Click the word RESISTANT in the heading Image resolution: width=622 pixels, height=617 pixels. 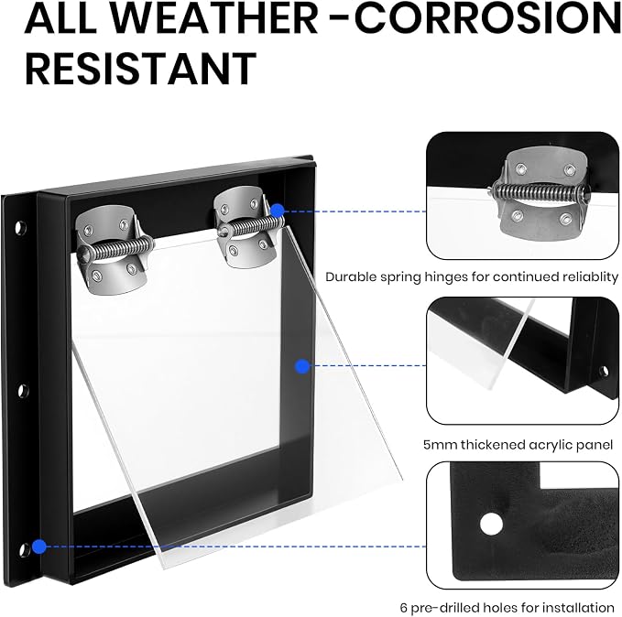click(x=140, y=69)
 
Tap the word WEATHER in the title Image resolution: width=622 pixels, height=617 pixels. click(x=212, y=17)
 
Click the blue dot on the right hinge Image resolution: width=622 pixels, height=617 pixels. click(x=278, y=211)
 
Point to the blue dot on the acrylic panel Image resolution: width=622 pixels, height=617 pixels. click(x=302, y=366)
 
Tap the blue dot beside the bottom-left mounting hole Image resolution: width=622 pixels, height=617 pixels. click(x=39, y=547)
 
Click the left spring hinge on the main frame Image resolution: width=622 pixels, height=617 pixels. click(x=114, y=250)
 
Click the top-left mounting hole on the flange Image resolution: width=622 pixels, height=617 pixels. click(x=20, y=228)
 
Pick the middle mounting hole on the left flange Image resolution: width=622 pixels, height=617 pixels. click(x=23, y=391)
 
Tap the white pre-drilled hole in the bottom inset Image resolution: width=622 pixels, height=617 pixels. click(x=491, y=524)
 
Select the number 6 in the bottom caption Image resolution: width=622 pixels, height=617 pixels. click(x=403, y=608)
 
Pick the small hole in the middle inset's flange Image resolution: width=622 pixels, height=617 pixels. click(x=603, y=372)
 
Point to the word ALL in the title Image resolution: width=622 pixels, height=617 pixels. click(x=60, y=17)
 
